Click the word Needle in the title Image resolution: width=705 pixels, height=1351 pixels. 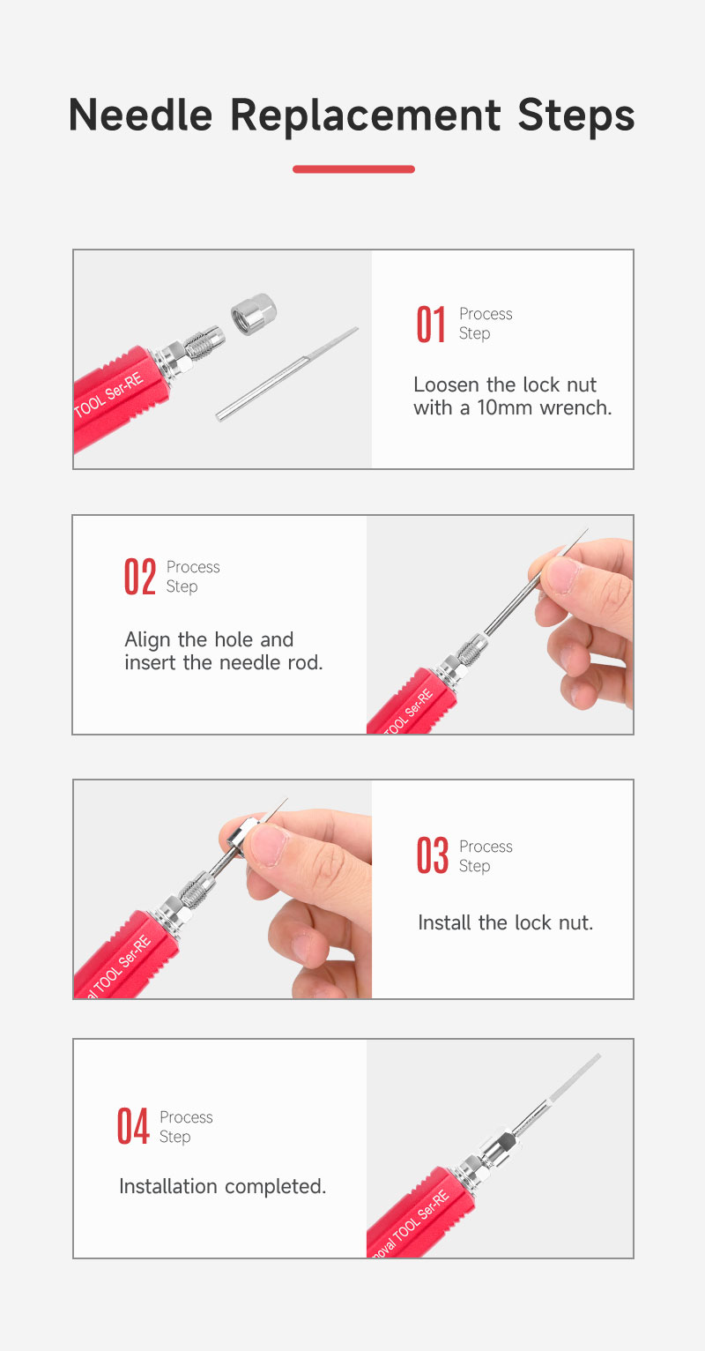click(x=140, y=114)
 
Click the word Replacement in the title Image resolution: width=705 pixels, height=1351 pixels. click(x=365, y=116)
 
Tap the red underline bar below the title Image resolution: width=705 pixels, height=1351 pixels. click(x=353, y=169)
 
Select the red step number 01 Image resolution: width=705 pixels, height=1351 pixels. click(x=431, y=325)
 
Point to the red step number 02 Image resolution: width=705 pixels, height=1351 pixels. click(x=140, y=578)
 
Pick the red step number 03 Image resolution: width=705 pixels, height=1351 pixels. click(x=432, y=855)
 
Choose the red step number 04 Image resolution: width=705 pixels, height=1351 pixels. click(x=133, y=1126)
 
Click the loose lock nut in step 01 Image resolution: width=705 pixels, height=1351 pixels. click(x=253, y=313)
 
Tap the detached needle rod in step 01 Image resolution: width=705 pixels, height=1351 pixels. click(x=287, y=374)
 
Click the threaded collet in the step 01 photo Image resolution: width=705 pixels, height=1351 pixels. click(x=204, y=342)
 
